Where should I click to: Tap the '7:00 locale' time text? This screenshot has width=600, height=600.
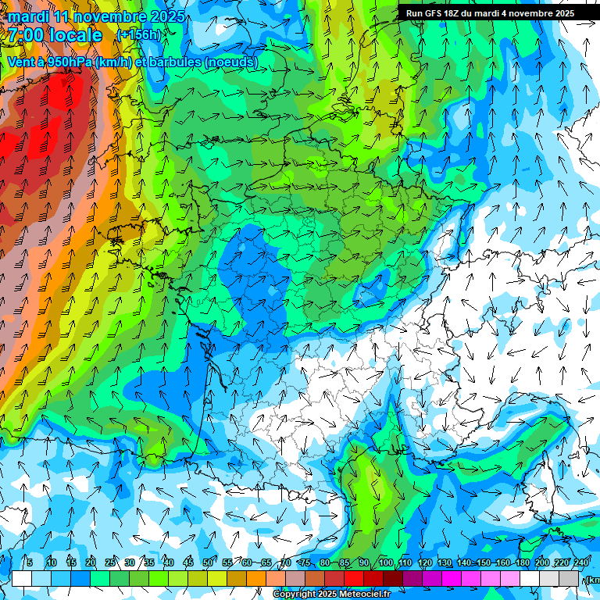click(55, 35)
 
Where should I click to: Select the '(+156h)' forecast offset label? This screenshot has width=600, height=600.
click(138, 35)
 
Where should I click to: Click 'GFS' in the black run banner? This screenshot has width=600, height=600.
click(433, 13)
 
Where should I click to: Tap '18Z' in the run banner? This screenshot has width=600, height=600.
click(454, 13)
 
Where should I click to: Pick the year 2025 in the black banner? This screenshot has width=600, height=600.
click(561, 13)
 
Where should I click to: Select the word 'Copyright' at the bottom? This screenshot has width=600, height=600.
click(295, 595)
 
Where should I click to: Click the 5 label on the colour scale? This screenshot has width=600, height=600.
click(30, 563)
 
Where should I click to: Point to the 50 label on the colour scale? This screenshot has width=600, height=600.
click(208, 563)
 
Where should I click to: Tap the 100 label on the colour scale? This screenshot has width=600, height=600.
click(385, 563)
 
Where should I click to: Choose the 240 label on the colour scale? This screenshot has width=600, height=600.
click(581, 563)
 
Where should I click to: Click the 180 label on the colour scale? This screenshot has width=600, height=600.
click(523, 563)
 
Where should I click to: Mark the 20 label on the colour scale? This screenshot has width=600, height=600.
click(90, 563)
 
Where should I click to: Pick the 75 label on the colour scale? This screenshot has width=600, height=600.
click(305, 563)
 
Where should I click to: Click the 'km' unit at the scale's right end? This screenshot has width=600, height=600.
click(593, 580)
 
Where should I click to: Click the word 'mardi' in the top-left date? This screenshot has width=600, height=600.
click(25, 16)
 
